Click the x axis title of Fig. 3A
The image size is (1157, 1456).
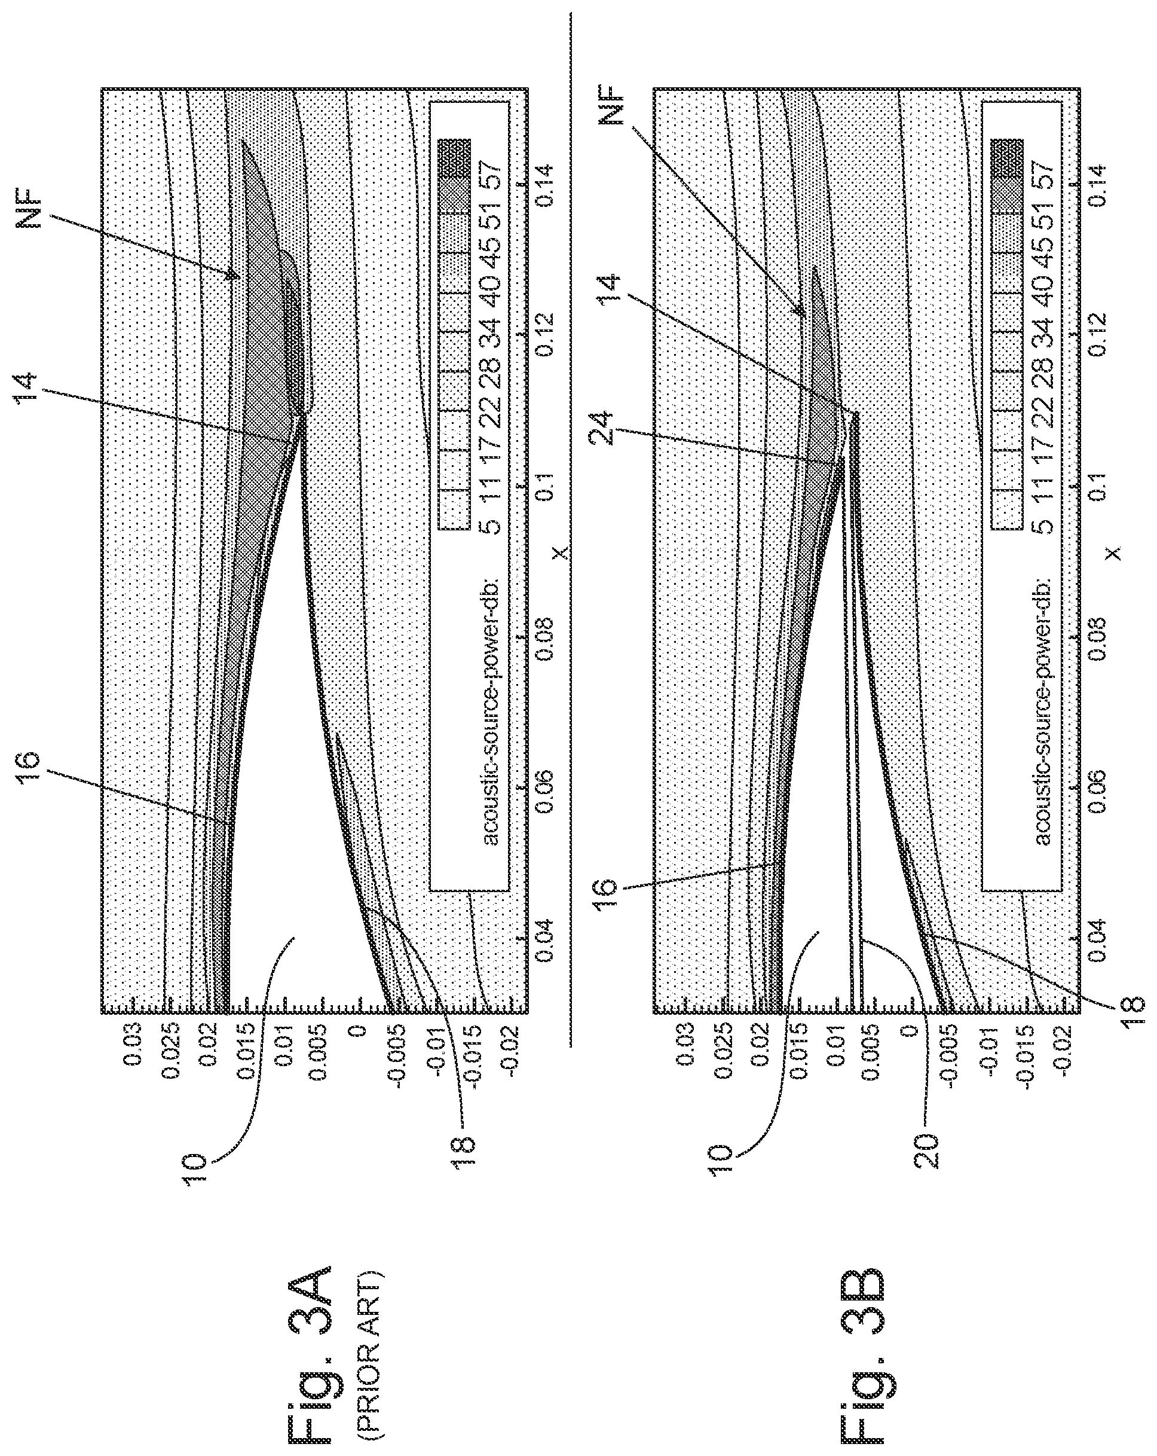point(559,553)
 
